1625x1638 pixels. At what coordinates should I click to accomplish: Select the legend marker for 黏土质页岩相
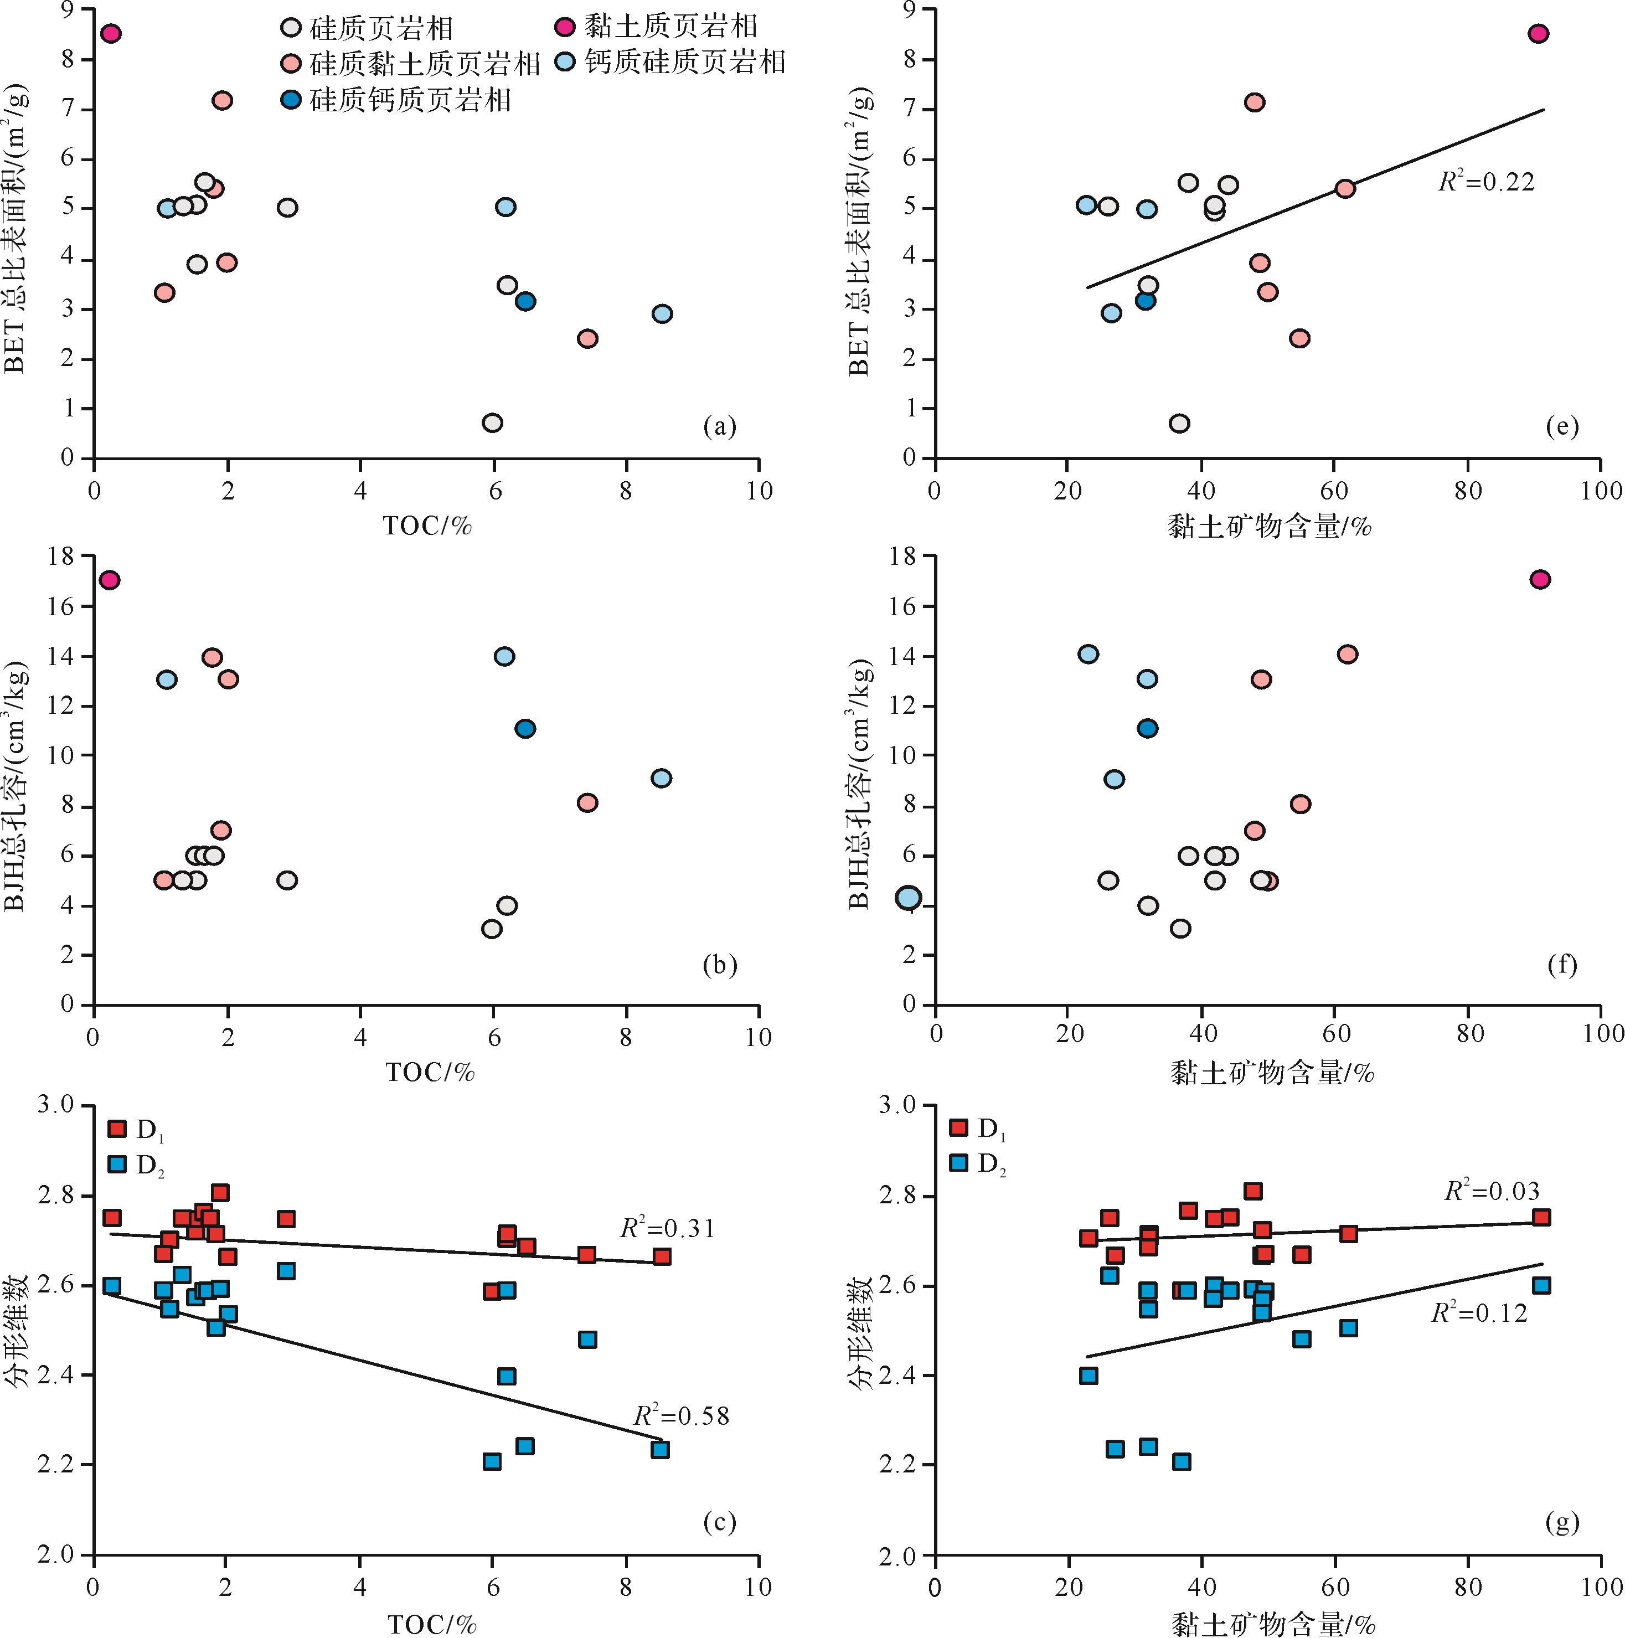tap(565, 26)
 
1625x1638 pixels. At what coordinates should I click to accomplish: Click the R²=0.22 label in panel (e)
tap(1486, 182)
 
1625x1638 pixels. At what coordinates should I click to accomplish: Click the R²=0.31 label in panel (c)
tap(667, 1228)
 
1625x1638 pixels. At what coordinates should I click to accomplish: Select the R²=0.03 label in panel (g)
tap(1492, 1191)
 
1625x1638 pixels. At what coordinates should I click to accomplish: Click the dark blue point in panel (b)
tap(525, 728)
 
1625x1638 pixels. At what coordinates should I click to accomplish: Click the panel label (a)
tap(720, 426)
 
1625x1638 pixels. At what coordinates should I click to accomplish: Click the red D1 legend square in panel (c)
tap(117, 1129)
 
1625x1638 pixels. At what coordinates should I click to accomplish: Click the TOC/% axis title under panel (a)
tap(427, 526)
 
